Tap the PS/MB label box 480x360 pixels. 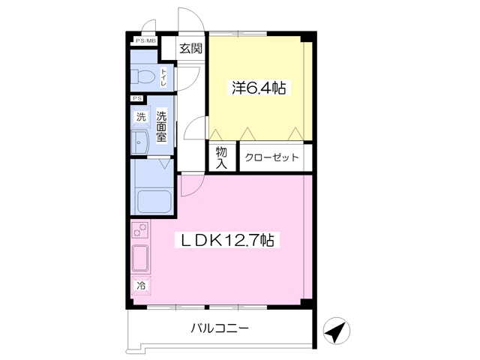[x=144, y=40]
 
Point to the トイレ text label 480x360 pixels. [x=163, y=76]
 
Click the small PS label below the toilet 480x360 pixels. [x=137, y=98]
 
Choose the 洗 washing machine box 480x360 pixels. [x=141, y=117]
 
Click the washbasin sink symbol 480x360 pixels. [x=140, y=142]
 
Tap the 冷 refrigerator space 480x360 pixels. [x=140, y=285]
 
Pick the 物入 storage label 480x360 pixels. [x=222, y=157]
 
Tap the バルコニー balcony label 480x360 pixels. [x=219, y=328]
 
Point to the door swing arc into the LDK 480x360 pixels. [x=190, y=184]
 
